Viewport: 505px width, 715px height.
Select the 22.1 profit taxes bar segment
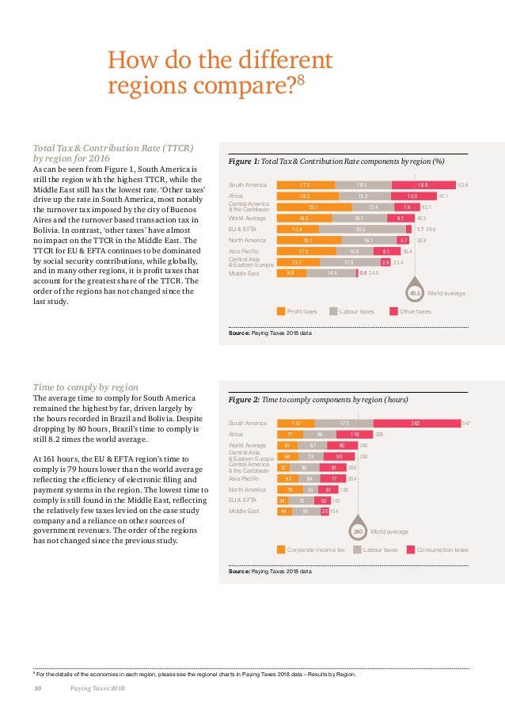(x=313, y=207)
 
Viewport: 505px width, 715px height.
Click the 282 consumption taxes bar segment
(x=416, y=424)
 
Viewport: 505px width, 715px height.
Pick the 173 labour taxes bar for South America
(x=344, y=424)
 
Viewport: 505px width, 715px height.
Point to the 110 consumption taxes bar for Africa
(x=355, y=435)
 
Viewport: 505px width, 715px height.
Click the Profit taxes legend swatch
(x=281, y=311)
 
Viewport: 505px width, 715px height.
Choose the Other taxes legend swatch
(x=393, y=311)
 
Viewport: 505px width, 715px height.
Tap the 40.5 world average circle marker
(x=415, y=294)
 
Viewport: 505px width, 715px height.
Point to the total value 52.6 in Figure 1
(x=463, y=185)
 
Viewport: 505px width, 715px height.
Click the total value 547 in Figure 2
(x=467, y=424)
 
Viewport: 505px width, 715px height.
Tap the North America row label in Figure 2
(x=244, y=490)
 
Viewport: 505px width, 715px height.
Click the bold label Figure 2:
(x=244, y=401)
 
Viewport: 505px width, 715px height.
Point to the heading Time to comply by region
(x=85, y=386)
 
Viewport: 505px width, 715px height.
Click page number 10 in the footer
(x=36, y=688)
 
